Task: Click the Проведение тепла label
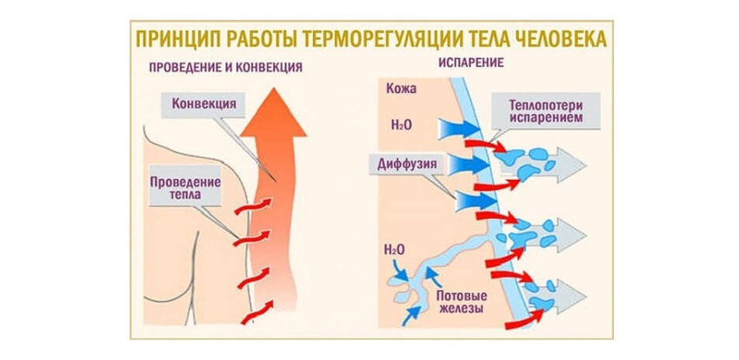(x=184, y=189)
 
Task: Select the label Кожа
(x=404, y=89)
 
